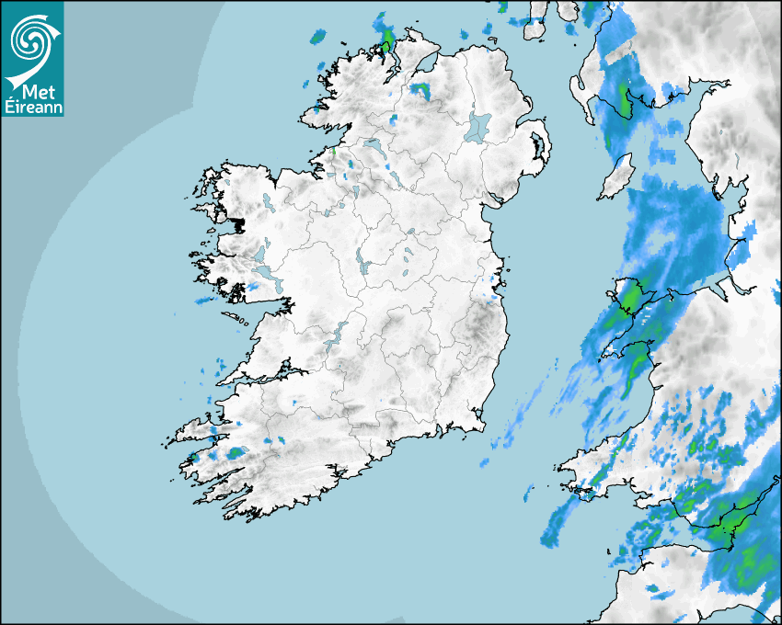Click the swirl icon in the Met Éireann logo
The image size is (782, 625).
(29, 38)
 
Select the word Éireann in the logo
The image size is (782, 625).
(32, 106)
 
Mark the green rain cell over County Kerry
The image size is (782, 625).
(237, 452)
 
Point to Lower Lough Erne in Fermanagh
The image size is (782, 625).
(374, 146)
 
